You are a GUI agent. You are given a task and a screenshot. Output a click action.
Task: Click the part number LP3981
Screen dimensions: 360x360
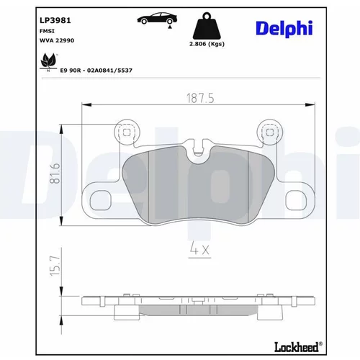point(55,20)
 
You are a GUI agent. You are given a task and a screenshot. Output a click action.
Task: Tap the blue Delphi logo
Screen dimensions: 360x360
point(284,29)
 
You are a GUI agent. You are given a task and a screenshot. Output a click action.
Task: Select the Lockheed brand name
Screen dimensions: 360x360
point(298,347)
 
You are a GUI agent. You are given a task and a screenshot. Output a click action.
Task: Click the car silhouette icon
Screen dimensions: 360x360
point(157,19)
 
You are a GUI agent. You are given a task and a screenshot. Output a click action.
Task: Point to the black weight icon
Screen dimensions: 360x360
point(207,26)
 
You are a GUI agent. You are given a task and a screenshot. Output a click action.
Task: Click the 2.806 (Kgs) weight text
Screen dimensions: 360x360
point(207,44)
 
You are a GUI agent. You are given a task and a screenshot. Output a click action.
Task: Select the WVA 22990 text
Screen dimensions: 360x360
point(57,40)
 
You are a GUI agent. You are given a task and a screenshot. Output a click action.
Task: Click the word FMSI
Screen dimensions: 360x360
point(47,31)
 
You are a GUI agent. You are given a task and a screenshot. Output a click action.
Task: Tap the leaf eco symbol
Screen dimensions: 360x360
point(48,62)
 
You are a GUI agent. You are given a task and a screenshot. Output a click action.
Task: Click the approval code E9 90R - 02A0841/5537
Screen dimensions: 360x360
point(96,71)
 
